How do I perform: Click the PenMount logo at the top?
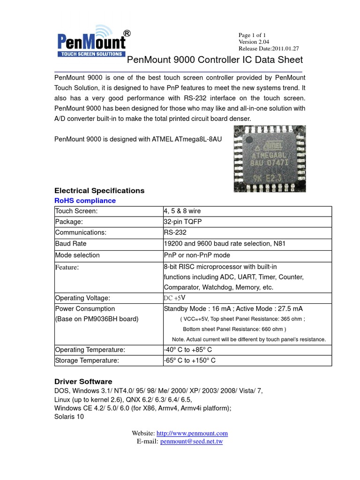click(91, 42)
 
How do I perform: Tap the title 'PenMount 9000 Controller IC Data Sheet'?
click(215, 60)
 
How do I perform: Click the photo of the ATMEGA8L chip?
click(270, 158)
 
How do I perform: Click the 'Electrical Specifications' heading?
click(99, 191)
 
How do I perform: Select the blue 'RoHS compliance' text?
click(85, 201)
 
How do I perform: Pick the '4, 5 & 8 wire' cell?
click(182, 211)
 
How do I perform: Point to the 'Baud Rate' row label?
click(71, 244)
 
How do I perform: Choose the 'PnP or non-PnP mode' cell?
click(197, 255)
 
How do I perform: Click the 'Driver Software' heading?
click(83, 382)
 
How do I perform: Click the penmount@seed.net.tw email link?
click(191, 442)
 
